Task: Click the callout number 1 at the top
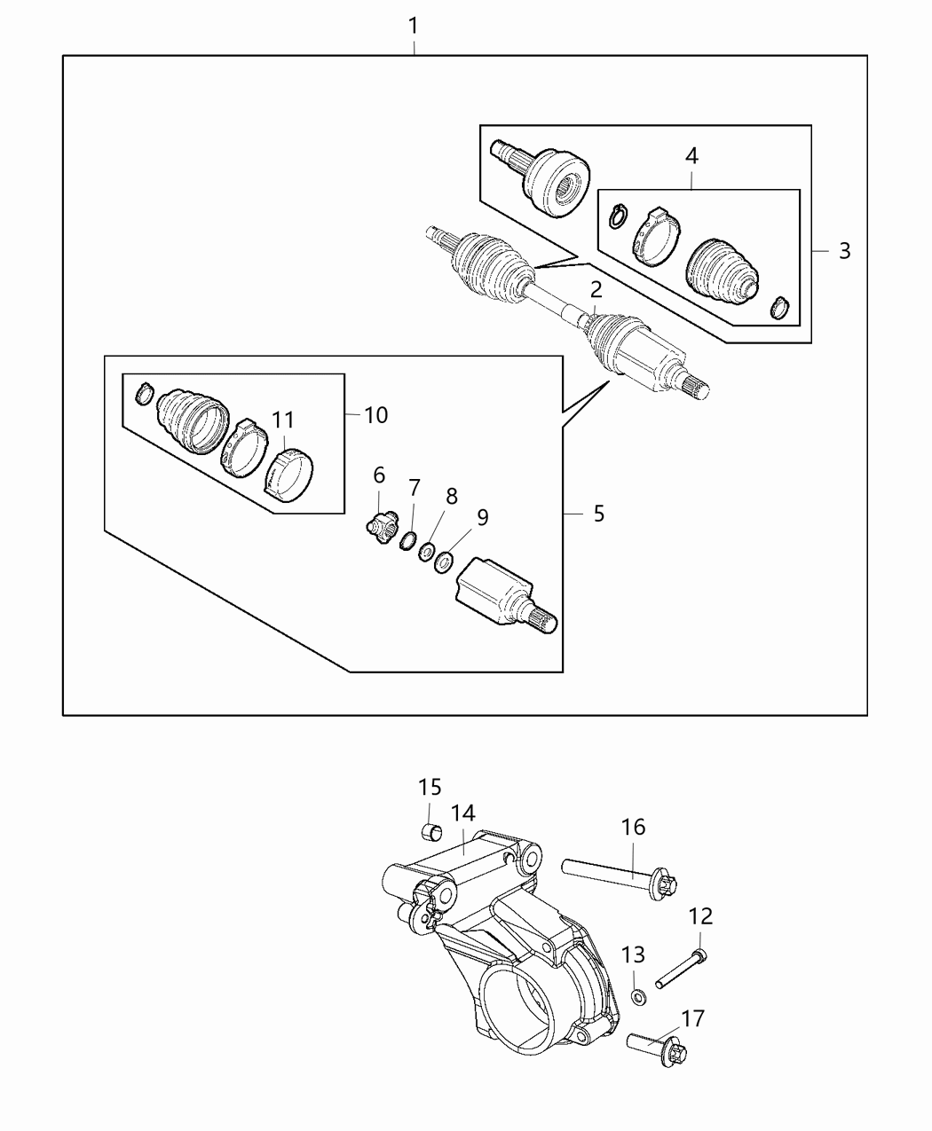[x=414, y=27]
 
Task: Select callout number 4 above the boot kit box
[x=691, y=156]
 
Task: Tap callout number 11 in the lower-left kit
[x=283, y=420]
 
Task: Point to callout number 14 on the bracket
[x=462, y=813]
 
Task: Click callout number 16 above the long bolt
[x=634, y=828]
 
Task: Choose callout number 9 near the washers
[x=482, y=518]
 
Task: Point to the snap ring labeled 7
[x=409, y=540]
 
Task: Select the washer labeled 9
[x=444, y=562]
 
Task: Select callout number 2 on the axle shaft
[x=596, y=289]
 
